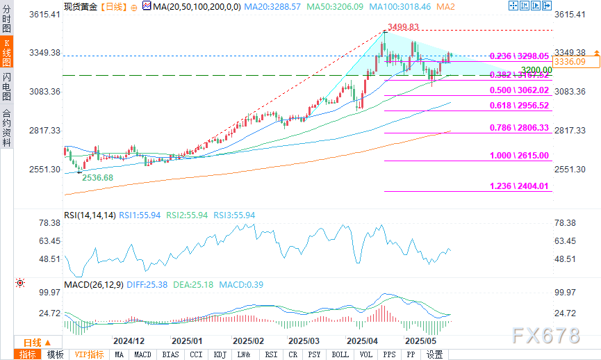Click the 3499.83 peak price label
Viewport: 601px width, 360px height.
404,27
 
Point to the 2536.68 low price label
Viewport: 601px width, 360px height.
97,177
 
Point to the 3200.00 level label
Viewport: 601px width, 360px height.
537,70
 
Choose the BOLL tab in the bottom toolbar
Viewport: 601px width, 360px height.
340,354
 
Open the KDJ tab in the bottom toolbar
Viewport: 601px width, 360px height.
221,354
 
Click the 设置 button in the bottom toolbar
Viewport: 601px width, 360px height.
435,354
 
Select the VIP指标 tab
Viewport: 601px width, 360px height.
90,354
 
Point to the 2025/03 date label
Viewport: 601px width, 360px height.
303,341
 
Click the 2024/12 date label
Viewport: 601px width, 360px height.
129,341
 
